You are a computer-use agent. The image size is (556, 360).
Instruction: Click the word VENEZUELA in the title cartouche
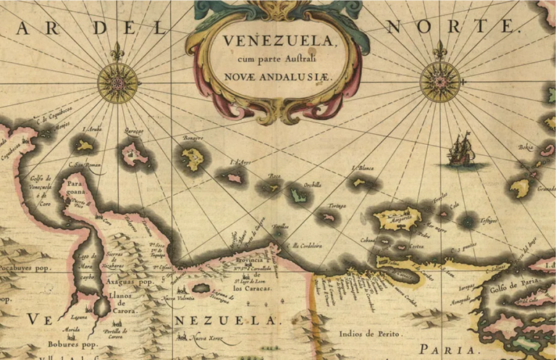(x=279, y=41)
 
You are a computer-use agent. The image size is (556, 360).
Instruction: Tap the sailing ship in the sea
(x=460, y=150)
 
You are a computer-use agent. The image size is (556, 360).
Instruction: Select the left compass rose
(x=117, y=82)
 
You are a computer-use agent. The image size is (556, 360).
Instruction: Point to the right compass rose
(x=439, y=82)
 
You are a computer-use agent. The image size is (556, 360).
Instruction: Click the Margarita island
(x=397, y=217)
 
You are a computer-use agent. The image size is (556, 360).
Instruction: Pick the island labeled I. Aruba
(x=85, y=146)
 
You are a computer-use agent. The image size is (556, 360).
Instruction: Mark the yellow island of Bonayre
(x=193, y=157)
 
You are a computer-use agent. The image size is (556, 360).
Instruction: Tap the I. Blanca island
(x=360, y=182)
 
